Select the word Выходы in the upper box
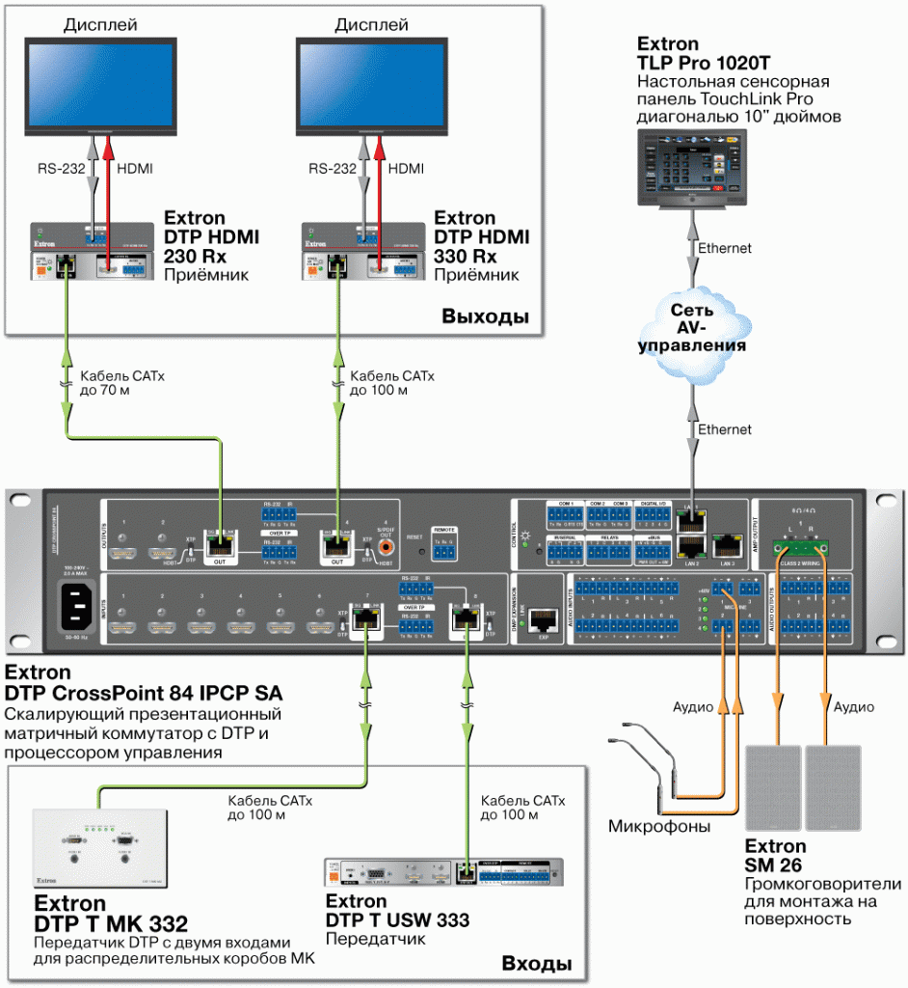coord(485,317)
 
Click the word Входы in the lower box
coord(536,964)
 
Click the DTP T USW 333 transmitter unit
coord(442,872)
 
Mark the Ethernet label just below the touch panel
coord(724,248)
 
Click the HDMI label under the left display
coord(134,169)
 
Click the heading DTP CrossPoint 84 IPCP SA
coord(144,693)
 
